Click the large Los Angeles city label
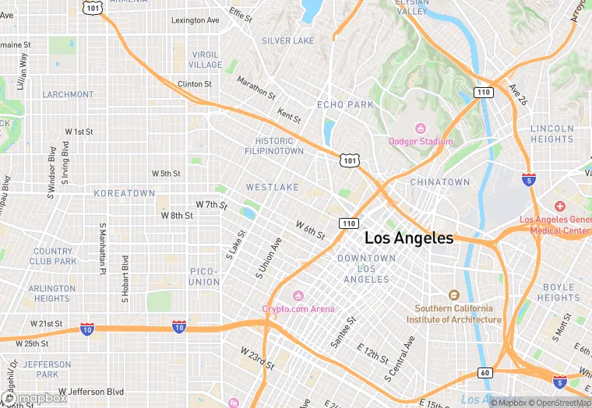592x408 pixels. coord(408,238)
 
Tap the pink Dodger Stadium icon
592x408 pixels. coord(421,128)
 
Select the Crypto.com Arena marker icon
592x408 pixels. coord(298,296)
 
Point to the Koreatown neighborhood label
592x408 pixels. coord(125,193)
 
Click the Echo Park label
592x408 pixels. coord(345,104)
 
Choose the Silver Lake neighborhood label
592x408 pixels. coord(287,40)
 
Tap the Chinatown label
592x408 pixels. coord(440,182)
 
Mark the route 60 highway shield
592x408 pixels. coord(485,373)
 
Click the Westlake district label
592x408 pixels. coord(272,188)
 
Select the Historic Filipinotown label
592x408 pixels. coord(274,146)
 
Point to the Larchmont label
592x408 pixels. coord(68,95)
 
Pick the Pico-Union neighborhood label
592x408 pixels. coord(204,276)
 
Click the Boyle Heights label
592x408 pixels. coord(558,293)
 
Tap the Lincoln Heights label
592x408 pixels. coord(551,134)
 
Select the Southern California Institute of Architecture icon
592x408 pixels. coord(454,295)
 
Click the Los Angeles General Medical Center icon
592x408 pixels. coord(559,206)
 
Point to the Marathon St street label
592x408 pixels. coord(255,87)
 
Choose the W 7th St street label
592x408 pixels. coord(211,205)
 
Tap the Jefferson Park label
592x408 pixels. coord(47,369)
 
